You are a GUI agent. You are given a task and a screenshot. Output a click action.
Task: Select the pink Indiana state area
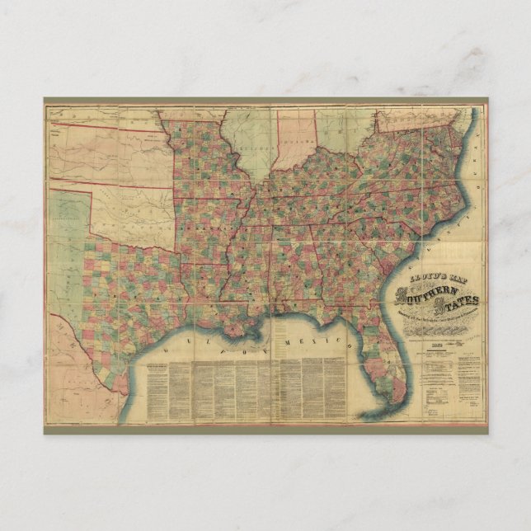pos(297,136)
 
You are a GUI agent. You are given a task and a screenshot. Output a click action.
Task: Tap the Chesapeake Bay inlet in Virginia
pos(458,140)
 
